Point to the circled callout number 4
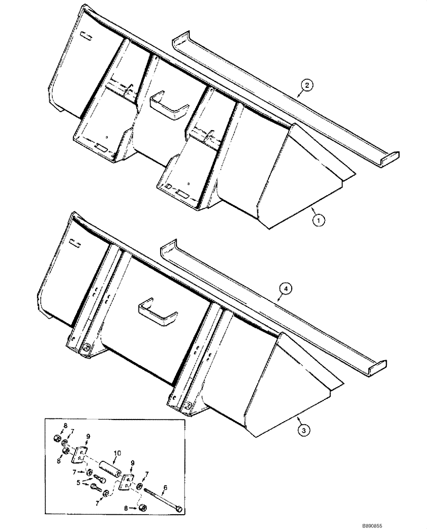click(285, 289)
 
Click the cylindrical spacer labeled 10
click(108, 462)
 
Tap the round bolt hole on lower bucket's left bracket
click(86, 349)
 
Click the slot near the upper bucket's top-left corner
click(86, 35)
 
